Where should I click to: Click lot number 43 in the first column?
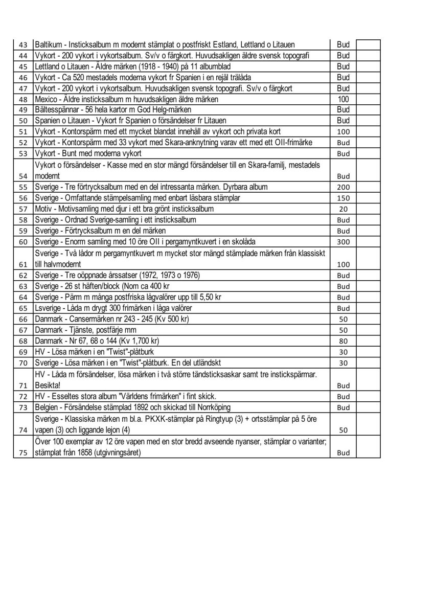[22, 45]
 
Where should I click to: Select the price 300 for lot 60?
[343, 242]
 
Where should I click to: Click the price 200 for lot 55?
[343, 187]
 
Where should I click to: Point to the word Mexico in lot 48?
[47, 99]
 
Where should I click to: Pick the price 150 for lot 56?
[343, 198]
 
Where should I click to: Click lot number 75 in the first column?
[22, 452]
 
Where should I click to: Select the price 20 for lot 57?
[343, 209]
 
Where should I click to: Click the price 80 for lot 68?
[343, 341]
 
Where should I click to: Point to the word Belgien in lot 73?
[48, 407]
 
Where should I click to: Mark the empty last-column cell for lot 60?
[368, 242]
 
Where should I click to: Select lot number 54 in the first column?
[22, 176]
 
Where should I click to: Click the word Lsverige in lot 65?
[49, 308]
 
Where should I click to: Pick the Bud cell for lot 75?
[343, 452]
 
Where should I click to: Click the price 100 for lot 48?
[343, 99]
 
